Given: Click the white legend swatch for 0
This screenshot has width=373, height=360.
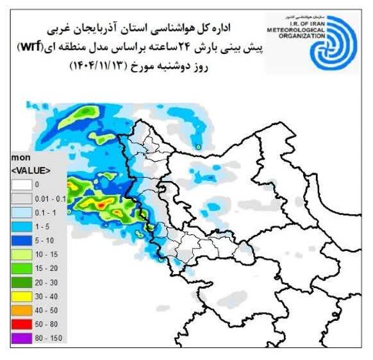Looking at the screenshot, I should click(x=22, y=184).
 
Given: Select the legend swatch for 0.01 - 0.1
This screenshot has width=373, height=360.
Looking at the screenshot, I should click(x=22, y=197).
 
